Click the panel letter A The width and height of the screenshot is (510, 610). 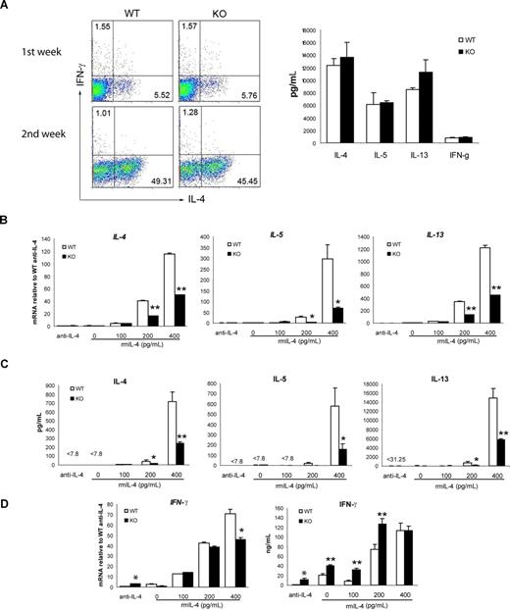(7, 9)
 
